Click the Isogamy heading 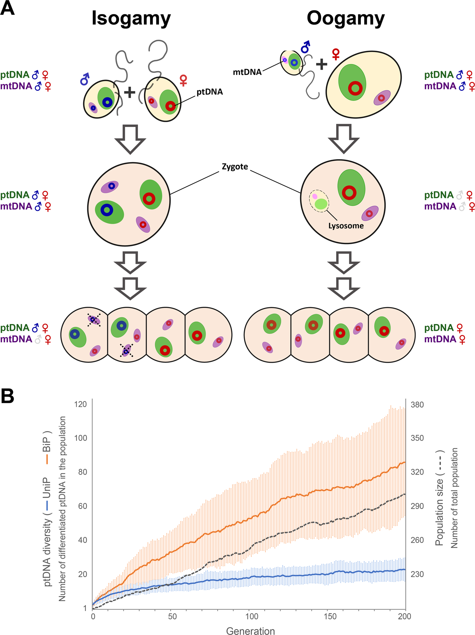[x=131, y=18]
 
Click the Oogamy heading [x=345, y=18]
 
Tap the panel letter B [x=7, y=396]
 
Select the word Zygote [x=235, y=166]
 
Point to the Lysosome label [x=346, y=226]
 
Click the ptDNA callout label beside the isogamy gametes [x=210, y=92]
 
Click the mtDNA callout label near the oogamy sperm [x=247, y=72]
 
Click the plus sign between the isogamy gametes [x=130, y=93]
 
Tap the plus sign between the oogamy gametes [x=321, y=64]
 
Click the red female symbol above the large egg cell [x=336, y=54]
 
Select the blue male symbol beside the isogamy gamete [x=85, y=80]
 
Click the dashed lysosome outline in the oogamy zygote [x=319, y=201]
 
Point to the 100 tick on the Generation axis [x=251, y=616]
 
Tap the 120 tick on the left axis [x=81, y=404]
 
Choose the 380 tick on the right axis [x=417, y=405]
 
